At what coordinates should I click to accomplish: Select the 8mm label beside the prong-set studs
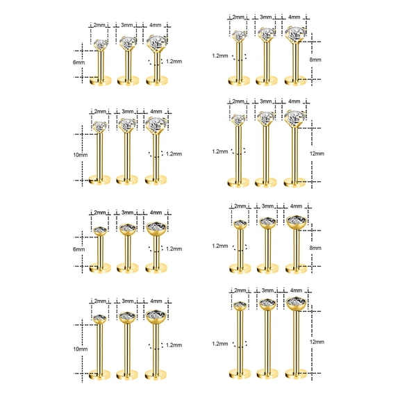pos(316,60)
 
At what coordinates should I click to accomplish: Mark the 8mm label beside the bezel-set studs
pos(316,247)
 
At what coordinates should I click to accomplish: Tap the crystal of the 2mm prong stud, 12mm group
pos(238,119)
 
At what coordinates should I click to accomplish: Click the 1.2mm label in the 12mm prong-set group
pos(221,151)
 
